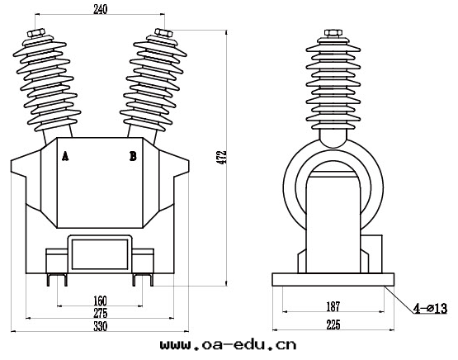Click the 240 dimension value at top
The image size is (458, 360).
(x=100, y=10)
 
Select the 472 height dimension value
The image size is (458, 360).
(x=223, y=157)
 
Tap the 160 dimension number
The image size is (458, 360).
(x=100, y=301)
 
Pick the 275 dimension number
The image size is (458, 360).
(x=100, y=313)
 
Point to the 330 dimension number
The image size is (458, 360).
(x=100, y=326)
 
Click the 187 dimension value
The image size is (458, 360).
(x=333, y=306)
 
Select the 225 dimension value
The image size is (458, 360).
(x=333, y=324)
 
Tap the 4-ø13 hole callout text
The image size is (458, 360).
(x=430, y=308)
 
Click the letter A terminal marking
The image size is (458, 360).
(x=65, y=156)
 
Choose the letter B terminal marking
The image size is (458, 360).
(x=133, y=156)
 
